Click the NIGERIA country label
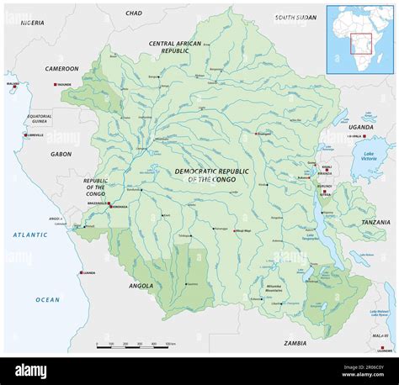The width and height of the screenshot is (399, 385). point(32,22)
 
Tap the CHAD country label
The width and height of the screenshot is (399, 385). point(134,13)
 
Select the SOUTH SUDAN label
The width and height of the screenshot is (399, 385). point(295,17)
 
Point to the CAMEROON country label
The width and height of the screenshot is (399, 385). point(61,69)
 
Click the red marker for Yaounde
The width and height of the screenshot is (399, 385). point(56,86)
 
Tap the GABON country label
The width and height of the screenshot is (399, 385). point(61,154)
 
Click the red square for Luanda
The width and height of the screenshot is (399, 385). point(81,272)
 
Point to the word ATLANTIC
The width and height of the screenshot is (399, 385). point(30,235)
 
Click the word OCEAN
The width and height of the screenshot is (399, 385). point(47,299)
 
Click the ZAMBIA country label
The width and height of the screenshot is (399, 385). point(295,343)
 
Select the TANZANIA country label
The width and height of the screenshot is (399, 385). point(375,222)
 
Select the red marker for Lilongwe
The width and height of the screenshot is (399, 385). point(382,348)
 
